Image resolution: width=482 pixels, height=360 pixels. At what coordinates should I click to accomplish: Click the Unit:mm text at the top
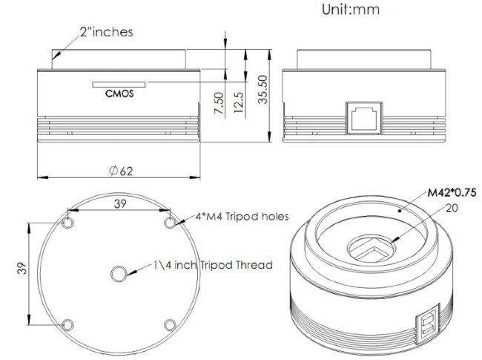pos(357,10)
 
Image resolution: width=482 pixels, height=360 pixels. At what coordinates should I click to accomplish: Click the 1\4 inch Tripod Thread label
pos(212,264)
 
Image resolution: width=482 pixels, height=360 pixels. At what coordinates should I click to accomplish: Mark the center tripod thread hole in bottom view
pos(119,274)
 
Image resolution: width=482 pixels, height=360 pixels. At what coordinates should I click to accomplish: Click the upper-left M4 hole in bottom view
pos(68,223)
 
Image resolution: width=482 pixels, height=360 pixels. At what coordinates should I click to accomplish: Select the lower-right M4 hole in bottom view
pos(170,325)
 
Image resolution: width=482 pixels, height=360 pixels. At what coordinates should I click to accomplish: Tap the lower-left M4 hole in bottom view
pos(68,325)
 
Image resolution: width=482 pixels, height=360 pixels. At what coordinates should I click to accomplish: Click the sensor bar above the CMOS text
pos(119,84)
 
